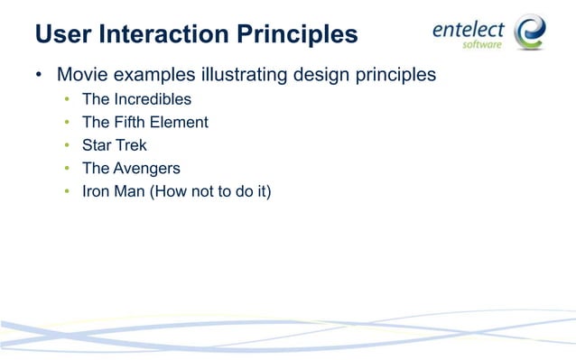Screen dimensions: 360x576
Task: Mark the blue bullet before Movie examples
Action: [39, 75]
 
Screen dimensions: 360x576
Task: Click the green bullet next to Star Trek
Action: [67, 145]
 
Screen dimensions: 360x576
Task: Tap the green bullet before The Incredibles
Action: [67, 99]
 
